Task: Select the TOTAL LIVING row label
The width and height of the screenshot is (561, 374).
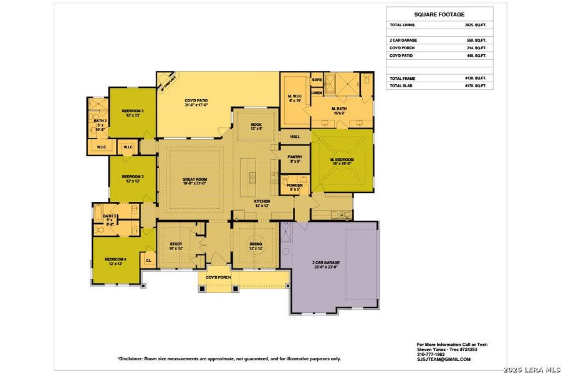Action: coord(402,25)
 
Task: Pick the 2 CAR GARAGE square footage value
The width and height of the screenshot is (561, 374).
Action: coord(475,41)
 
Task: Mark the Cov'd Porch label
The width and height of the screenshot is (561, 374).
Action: coord(218,277)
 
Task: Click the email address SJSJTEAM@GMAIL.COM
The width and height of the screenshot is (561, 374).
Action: coord(443,359)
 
